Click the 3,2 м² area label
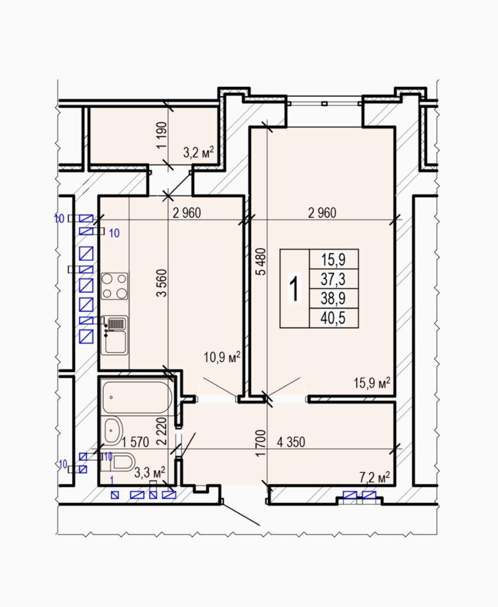click(x=198, y=153)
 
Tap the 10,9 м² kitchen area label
click(x=222, y=356)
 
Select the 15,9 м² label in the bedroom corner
click(x=372, y=383)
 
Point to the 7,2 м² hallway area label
click(x=374, y=478)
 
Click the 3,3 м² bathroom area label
click(x=150, y=472)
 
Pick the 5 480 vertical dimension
click(x=262, y=261)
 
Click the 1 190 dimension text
click(x=162, y=135)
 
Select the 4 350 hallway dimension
click(x=291, y=442)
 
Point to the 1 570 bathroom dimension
click(x=135, y=442)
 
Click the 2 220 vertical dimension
click(x=162, y=430)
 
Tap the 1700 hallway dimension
click(x=261, y=443)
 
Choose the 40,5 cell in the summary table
click(x=333, y=318)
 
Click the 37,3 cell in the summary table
click(x=333, y=279)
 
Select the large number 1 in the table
click(x=295, y=289)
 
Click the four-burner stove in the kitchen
click(x=115, y=286)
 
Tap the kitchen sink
click(x=114, y=335)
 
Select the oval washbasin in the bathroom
click(x=113, y=430)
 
